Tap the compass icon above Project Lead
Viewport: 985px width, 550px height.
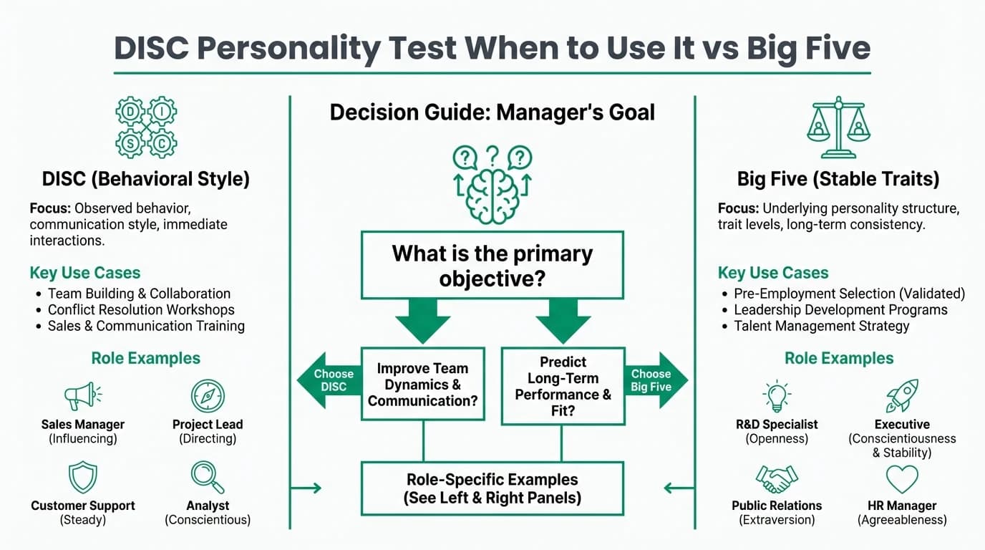point(208,396)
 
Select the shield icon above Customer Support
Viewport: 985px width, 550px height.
point(82,477)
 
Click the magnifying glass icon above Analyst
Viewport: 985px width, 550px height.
point(208,477)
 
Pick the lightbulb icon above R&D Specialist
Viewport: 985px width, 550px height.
point(776,396)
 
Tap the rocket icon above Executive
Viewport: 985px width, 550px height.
point(902,396)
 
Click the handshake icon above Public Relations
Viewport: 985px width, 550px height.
point(776,478)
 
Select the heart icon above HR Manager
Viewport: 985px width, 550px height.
point(902,478)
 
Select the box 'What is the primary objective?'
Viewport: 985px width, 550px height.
point(492,265)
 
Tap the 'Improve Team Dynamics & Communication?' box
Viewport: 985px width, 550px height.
point(422,384)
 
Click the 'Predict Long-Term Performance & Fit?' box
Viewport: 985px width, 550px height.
point(563,386)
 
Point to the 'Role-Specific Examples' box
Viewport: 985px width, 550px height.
point(492,488)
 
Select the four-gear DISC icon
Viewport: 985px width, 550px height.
point(146,127)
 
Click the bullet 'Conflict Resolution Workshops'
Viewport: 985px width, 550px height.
point(141,309)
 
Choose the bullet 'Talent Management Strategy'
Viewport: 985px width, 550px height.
point(821,326)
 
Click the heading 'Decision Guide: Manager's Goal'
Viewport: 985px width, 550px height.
point(492,112)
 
